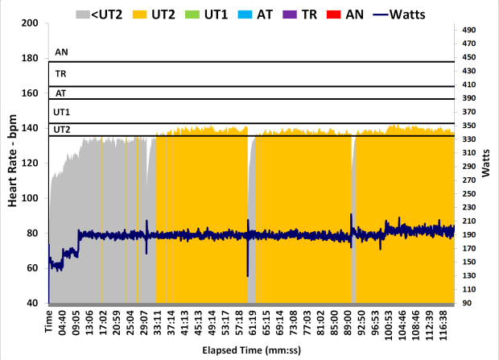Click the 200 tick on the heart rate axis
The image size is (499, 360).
[x=31, y=23]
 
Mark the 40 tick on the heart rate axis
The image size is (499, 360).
[x=34, y=304]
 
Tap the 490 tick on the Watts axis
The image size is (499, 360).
[x=472, y=30]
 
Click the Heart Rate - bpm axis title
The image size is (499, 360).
[x=13, y=163]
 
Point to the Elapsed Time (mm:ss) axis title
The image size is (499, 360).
[x=250, y=352]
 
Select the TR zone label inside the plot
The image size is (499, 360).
[x=60, y=73]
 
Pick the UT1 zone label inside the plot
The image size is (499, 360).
[x=61, y=112]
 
